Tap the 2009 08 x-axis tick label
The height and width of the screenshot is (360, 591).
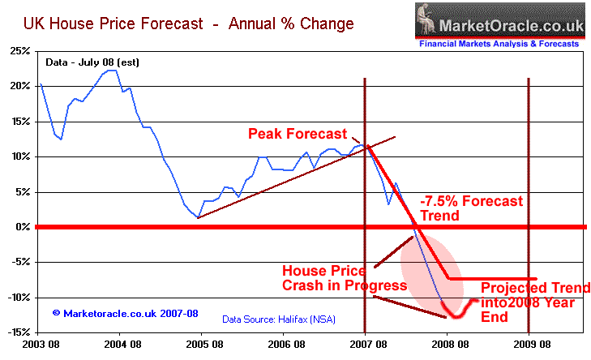[528, 344]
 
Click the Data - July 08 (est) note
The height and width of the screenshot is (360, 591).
[84, 62]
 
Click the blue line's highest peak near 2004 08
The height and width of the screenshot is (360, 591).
[112, 71]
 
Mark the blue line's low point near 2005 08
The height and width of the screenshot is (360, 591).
[198, 217]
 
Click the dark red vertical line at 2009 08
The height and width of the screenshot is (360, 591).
[529, 203]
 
